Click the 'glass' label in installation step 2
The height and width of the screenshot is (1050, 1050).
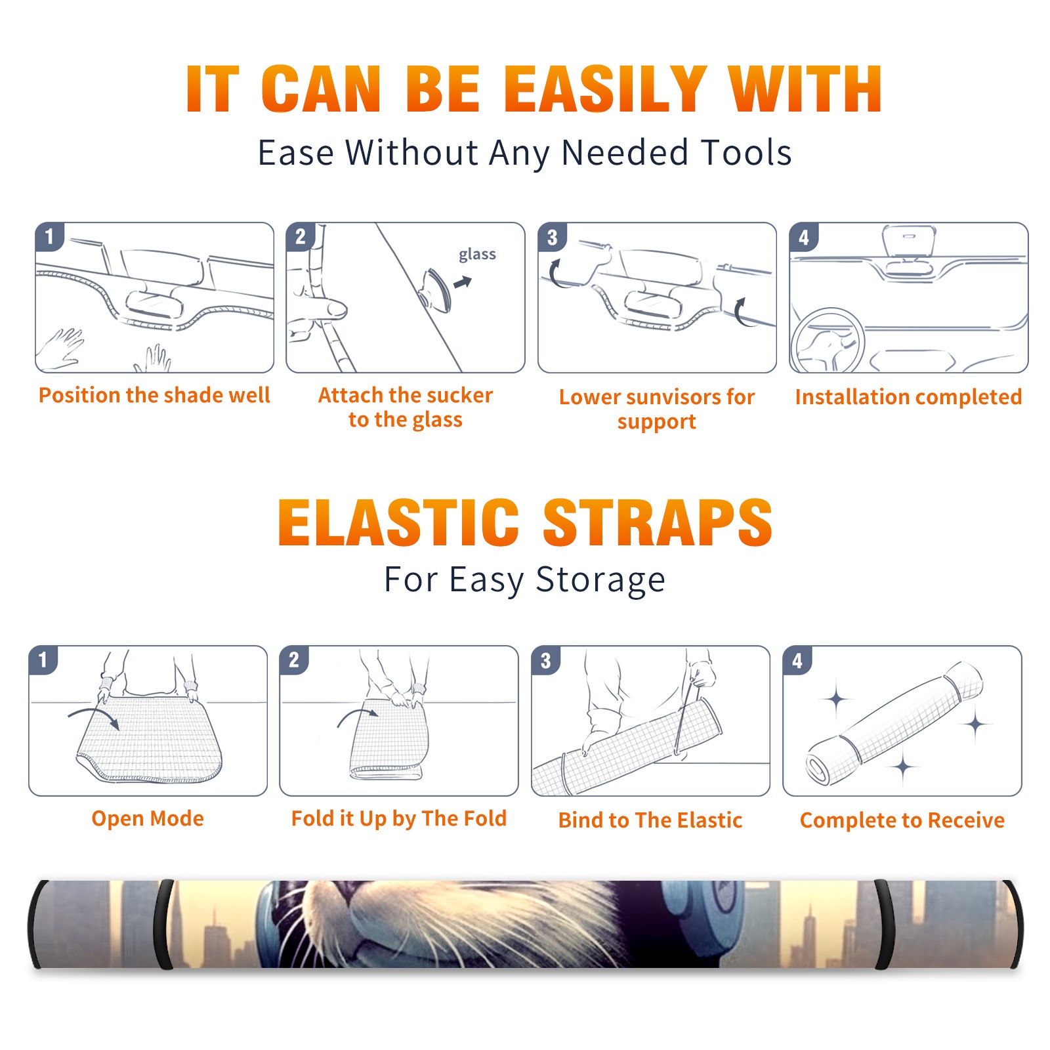pos(477,255)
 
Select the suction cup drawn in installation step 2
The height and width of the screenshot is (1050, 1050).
pos(436,290)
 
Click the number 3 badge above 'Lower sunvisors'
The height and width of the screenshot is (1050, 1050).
pos(552,238)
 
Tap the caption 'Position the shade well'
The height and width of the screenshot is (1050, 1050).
pos(154,395)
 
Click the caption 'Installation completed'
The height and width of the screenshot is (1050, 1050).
pos(908,397)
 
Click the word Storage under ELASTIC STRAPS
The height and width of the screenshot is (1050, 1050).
pos(600,580)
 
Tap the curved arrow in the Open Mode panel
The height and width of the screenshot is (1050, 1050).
pos(96,717)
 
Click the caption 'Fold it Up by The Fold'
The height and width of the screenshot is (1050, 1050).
pos(399,818)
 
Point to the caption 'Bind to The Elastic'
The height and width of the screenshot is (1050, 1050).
pos(650,820)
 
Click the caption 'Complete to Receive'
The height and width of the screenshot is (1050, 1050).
pos(902,820)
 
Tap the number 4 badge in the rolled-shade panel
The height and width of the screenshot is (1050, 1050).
pos(797,660)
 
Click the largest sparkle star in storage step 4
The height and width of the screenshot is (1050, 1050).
pos(976,724)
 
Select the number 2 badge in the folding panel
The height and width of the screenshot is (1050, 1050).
pos(294,660)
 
